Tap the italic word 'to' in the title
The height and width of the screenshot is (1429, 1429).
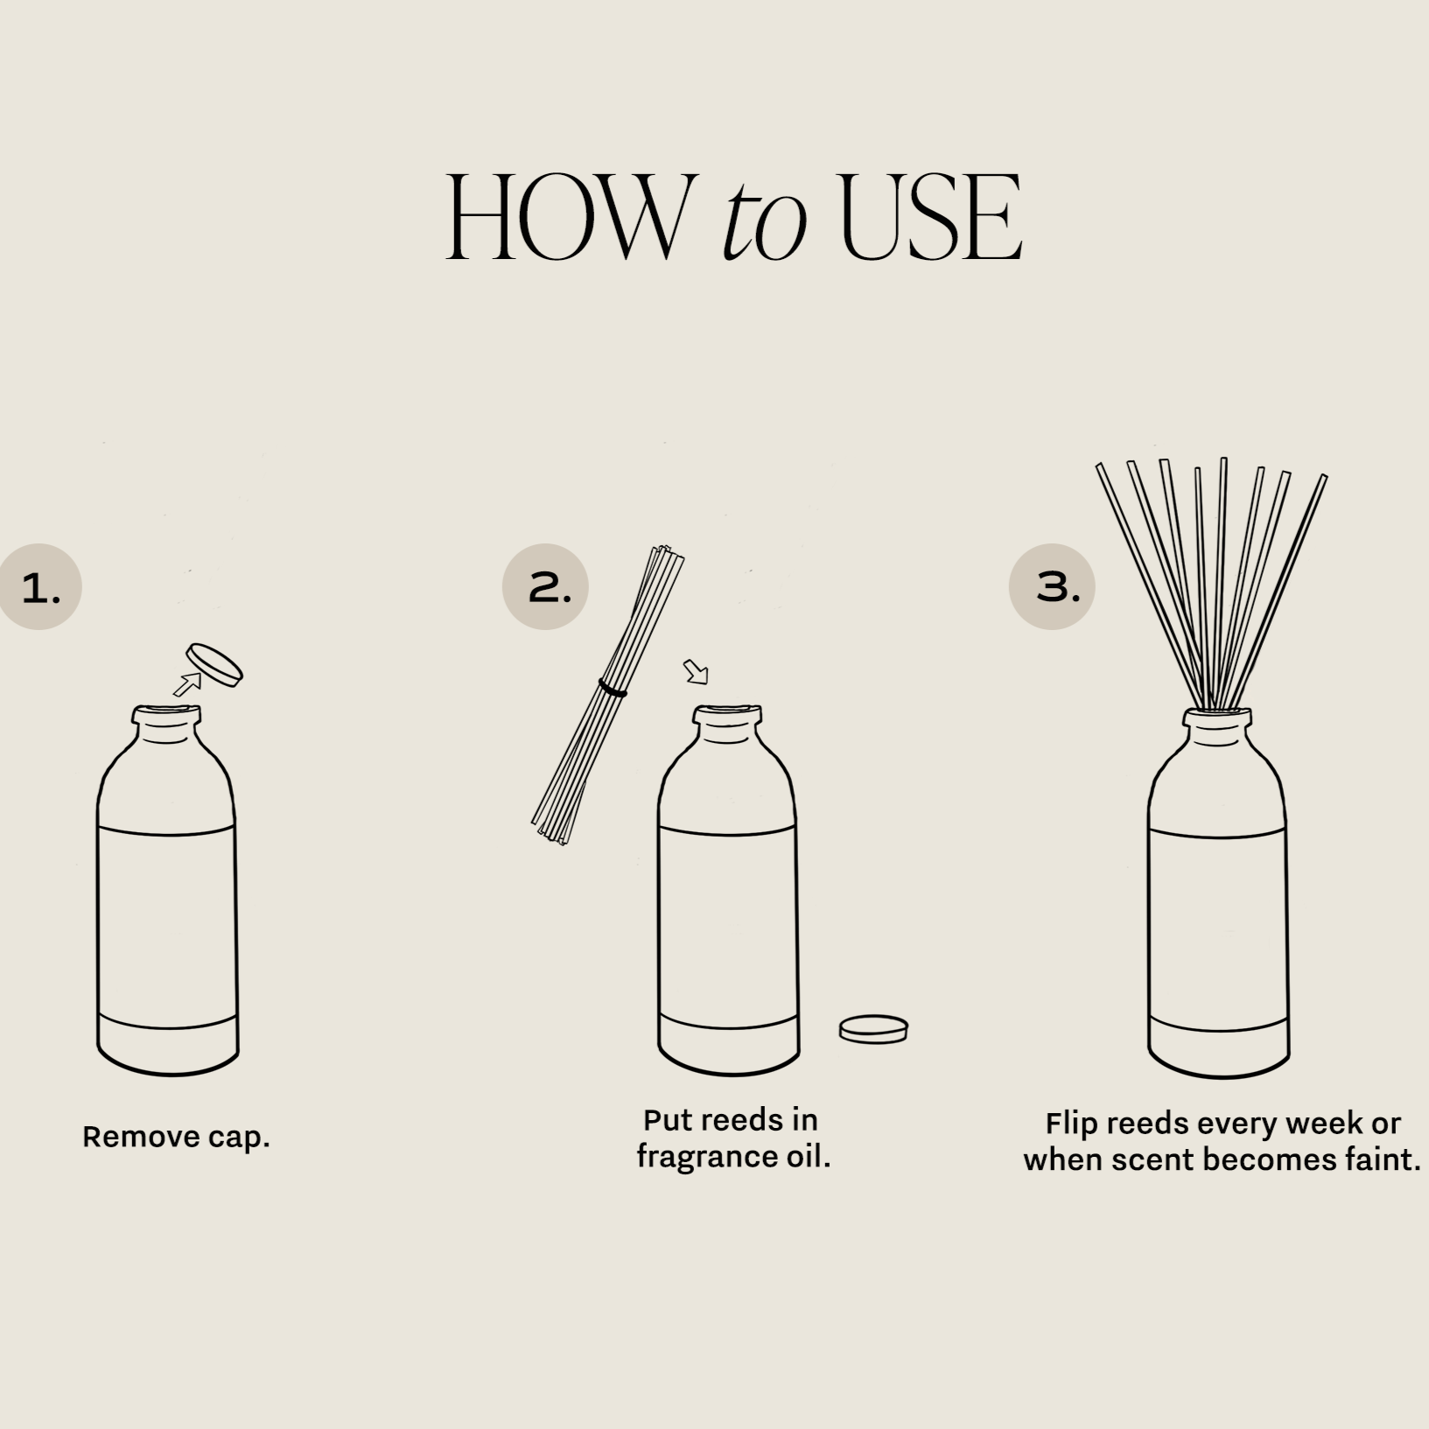[763, 224]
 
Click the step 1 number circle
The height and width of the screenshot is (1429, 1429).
[39, 587]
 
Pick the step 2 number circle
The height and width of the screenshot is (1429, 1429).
[545, 587]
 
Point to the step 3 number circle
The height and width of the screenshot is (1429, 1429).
[1052, 587]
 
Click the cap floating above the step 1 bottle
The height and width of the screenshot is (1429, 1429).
[214, 665]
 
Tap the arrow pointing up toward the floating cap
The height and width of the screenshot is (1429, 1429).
[187, 684]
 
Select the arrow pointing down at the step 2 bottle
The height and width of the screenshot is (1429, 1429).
[697, 672]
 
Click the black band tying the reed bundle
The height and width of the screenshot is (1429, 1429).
[613, 689]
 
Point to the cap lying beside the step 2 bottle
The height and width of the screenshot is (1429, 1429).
[873, 1029]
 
